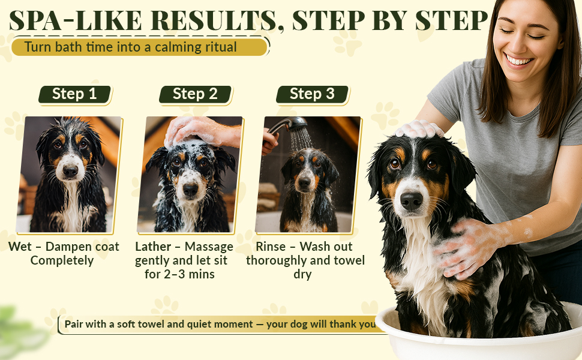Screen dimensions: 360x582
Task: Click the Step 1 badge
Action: point(74,94)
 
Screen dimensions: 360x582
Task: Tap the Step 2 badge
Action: point(195,94)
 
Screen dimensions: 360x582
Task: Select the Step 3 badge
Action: point(312,94)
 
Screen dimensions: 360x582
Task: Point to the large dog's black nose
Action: point(411,199)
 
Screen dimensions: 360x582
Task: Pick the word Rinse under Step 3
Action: point(271,247)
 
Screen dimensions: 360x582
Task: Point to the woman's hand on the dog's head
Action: point(419,129)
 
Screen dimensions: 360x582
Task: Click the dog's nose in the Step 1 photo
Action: point(70,171)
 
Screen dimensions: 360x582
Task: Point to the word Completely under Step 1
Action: point(62,261)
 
